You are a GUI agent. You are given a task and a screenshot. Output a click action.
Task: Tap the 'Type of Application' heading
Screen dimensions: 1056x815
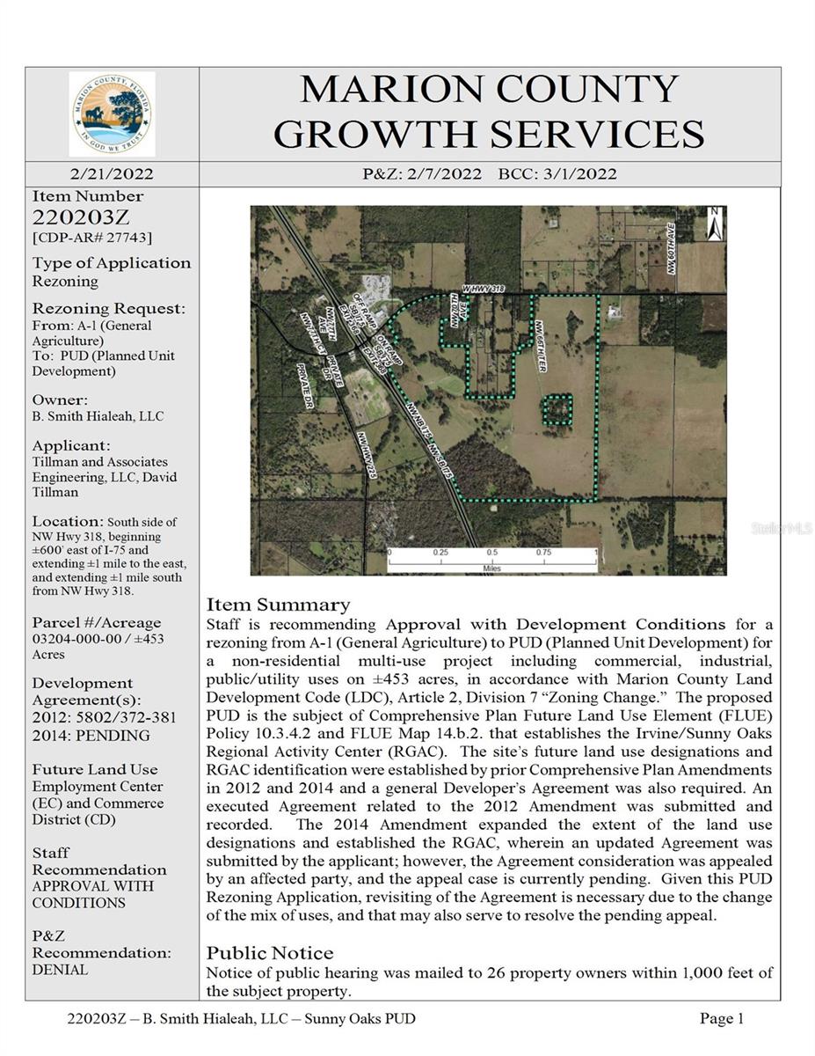click(x=112, y=263)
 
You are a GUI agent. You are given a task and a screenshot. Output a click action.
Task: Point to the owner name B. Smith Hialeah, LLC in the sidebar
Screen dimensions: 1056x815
click(x=98, y=416)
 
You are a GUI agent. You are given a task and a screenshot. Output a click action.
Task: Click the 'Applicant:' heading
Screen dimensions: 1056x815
click(x=71, y=445)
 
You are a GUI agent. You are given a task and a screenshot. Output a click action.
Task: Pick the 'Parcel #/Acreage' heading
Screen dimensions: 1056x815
click(x=97, y=622)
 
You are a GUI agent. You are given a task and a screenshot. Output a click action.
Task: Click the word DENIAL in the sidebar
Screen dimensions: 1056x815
click(x=60, y=970)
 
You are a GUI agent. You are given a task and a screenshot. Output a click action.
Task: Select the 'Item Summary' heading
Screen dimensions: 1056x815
click(x=278, y=605)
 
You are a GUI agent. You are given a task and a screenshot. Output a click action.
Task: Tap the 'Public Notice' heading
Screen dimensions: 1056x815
click(x=270, y=953)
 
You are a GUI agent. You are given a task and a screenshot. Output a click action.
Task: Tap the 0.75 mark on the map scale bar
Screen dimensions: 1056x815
click(x=543, y=553)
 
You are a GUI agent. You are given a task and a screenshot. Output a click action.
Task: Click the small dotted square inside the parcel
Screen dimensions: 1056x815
click(x=556, y=409)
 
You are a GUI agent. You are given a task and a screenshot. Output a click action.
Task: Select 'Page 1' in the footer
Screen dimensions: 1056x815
click(x=721, y=1019)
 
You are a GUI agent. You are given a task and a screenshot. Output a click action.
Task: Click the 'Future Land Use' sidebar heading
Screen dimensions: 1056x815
click(x=95, y=769)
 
